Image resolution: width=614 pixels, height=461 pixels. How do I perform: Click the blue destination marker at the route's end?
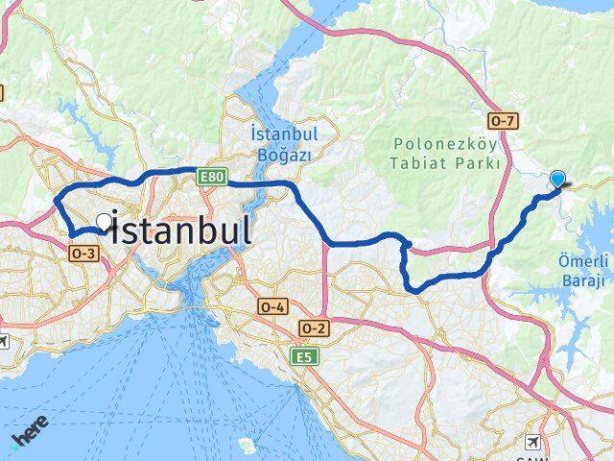(557, 178)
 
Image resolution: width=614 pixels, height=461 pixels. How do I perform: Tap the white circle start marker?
(104, 221)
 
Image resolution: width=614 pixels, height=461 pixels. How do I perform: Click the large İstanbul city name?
(182, 230)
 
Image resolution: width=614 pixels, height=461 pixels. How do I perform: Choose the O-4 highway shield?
(272, 306)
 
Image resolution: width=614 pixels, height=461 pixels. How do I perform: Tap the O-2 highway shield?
(315, 328)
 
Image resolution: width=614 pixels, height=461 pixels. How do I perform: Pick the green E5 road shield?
(304, 356)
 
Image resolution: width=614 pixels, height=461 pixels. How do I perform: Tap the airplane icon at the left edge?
(3, 341)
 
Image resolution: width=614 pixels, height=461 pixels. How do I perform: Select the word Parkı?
(480, 163)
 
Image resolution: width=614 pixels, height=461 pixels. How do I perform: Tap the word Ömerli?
(581, 260)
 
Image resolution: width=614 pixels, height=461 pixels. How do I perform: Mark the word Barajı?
(581, 279)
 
